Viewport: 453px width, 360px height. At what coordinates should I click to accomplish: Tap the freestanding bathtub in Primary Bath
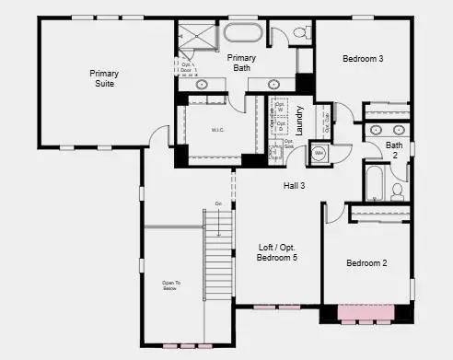pos(243,35)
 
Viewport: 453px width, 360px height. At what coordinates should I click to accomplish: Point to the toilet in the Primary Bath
pos(301,34)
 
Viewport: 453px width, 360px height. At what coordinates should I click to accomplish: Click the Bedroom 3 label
pos(363,59)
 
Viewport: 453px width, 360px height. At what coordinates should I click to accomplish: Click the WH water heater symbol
pos(319,153)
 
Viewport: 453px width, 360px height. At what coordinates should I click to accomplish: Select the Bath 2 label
pos(394,149)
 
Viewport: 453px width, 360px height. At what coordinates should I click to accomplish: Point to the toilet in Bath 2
pos(398,191)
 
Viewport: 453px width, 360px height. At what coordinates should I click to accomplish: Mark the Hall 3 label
pos(295,186)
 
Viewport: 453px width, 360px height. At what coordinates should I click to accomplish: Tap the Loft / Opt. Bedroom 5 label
pos(277,252)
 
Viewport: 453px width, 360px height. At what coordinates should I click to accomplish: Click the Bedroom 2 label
pos(366,263)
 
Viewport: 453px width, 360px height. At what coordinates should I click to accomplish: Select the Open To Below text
pos(168,286)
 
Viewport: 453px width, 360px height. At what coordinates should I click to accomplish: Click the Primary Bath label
pos(241,63)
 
